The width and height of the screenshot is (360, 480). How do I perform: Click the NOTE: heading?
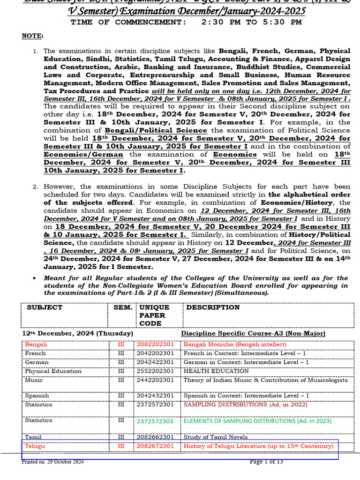pos(32,36)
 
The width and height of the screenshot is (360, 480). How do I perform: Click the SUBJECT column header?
pos(45,307)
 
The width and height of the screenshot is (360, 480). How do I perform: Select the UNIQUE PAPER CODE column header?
pos(151,315)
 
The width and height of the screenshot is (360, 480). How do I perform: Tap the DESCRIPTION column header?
pos(213,307)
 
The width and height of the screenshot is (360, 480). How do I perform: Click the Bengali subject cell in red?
pos(36,344)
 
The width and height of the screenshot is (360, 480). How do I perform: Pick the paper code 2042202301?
pos(155,353)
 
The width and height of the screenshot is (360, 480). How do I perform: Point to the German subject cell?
pos(37,362)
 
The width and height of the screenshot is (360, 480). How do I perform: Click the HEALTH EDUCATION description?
pos(216,371)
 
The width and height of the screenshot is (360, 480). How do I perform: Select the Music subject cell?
pos(34,380)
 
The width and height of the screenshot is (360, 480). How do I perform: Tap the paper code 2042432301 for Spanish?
pos(155,396)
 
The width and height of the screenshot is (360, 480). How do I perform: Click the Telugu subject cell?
pos(35,446)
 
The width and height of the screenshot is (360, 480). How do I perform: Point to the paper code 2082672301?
pos(155,446)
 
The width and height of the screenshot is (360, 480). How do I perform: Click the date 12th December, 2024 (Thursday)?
pos(78,333)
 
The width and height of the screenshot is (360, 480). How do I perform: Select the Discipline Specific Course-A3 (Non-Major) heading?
pos(253,333)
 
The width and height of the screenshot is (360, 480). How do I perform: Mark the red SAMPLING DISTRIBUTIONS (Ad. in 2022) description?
pos(246,404)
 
